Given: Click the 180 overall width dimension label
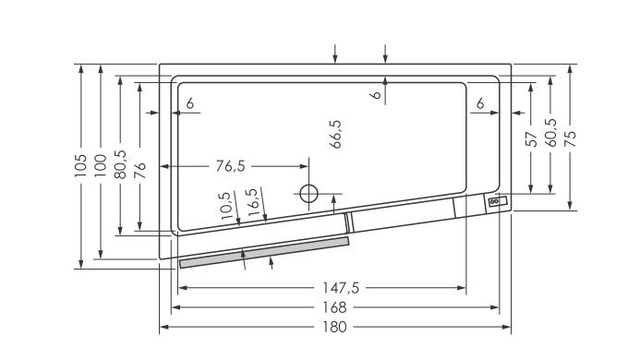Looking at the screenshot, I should point(334,328).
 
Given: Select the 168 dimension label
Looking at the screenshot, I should point(334,307).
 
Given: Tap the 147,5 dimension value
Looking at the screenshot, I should point(334,288).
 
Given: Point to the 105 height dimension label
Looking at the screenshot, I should point(82,164).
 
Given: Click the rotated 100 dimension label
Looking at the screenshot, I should point(101,164).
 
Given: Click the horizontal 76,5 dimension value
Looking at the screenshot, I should point(230,166).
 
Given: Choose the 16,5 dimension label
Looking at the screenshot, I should point(251,202).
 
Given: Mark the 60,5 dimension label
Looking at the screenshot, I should point(550,134).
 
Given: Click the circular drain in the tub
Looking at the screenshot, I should point(308,193).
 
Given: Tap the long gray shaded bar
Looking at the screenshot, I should point(264,252).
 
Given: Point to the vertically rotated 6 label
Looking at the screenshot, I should point(377,94).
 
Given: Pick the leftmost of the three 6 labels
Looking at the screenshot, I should point(189,104).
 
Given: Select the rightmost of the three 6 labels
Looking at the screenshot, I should point(481,104).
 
